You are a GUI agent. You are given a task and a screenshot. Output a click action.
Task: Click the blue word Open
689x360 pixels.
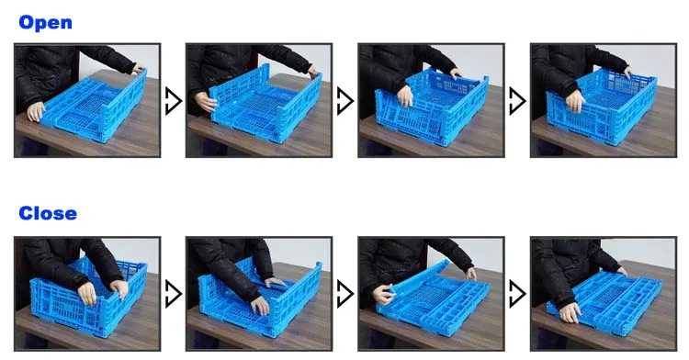tap(45, 22)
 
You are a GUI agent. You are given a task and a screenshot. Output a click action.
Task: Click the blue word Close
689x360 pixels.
tap(48, 213)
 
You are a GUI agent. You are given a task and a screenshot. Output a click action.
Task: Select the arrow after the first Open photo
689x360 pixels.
tap(173, 100)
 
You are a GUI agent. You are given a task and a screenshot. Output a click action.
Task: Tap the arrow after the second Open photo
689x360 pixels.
tap(344, 100)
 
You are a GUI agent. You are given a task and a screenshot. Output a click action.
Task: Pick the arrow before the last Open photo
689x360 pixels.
tap(517, 100)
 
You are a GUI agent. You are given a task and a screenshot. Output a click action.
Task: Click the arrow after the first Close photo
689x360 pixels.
tap(173, 294)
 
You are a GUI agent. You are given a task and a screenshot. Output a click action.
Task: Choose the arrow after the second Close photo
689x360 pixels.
tap(344, 294)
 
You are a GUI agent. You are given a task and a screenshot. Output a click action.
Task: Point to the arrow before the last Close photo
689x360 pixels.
tap(517, 294)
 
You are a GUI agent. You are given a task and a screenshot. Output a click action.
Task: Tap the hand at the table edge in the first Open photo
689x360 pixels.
tap(35, 112)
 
